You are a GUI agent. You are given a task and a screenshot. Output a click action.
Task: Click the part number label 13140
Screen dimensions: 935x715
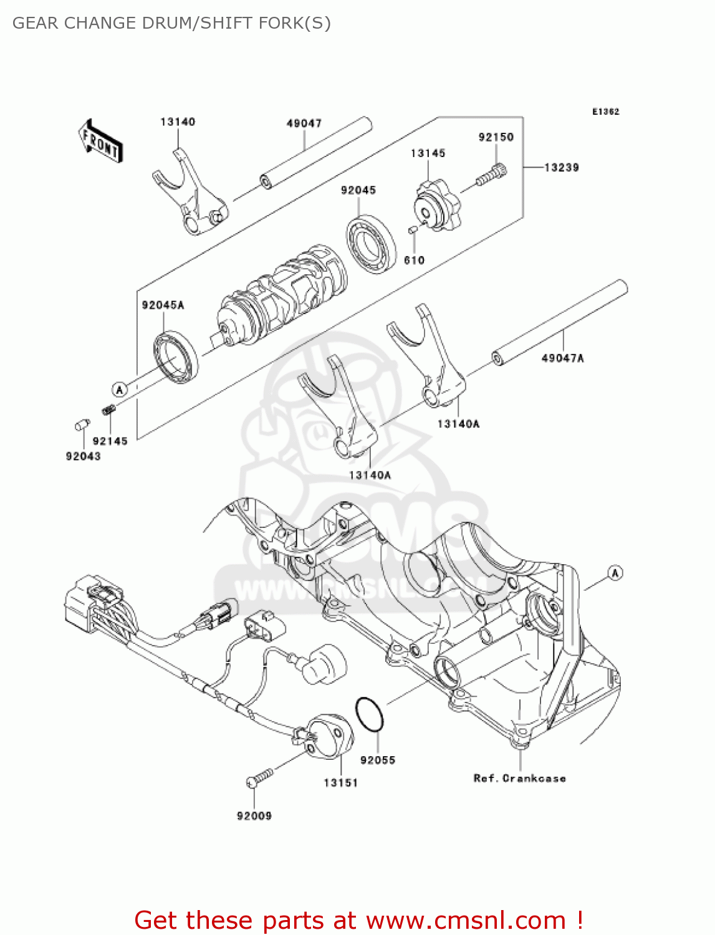click(x=178, y=122)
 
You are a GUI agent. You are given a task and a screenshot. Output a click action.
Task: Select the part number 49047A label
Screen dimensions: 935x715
click(x=562, y=358)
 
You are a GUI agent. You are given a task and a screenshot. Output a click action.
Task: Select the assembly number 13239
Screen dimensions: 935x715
click(x=561, y=168)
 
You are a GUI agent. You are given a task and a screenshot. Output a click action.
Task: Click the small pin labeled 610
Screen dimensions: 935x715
click(x=412, y=231)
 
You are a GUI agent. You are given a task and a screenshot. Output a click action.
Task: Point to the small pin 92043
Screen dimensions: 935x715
click(x=80, y=426)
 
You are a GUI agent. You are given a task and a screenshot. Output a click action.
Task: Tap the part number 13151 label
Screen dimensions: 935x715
click(x=340, y=783)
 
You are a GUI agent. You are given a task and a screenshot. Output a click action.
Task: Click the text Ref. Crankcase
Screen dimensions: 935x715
click(x=519, y=779)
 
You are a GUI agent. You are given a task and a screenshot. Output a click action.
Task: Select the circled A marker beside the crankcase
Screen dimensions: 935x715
click(x=615, y=573)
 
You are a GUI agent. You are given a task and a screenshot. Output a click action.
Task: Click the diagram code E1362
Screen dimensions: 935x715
click(x=605, y=112)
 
